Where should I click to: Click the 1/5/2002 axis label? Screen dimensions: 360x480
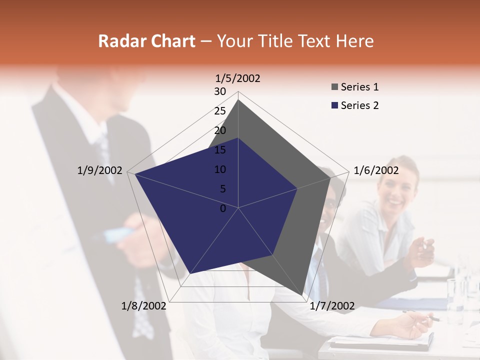tap(238, 78)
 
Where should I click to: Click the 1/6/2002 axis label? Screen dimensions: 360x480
tap(376, 170)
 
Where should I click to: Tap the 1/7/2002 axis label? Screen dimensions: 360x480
tap(332, 306)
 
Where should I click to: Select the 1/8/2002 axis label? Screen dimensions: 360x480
tap(143, 306)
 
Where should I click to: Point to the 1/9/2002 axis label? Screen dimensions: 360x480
tap(99, 170)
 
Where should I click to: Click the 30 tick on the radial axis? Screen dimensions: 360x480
tap(220, 91)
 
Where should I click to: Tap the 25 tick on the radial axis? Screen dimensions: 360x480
tap(220, 111)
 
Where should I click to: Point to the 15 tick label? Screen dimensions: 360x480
tap(220, 150)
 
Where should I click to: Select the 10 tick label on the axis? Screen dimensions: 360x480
tap(220, 169)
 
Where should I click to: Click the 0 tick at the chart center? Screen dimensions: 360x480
tap(223, 208)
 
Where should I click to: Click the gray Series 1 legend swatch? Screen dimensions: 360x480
tap(334, 87)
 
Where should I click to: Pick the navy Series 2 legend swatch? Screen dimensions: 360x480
tap(334, 106)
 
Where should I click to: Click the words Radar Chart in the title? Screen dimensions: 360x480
tap(146, 41)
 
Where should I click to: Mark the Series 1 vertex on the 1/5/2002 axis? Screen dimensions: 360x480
tap(238, 99)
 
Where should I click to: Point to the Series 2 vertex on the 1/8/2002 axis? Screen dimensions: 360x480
tap(190, 273)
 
